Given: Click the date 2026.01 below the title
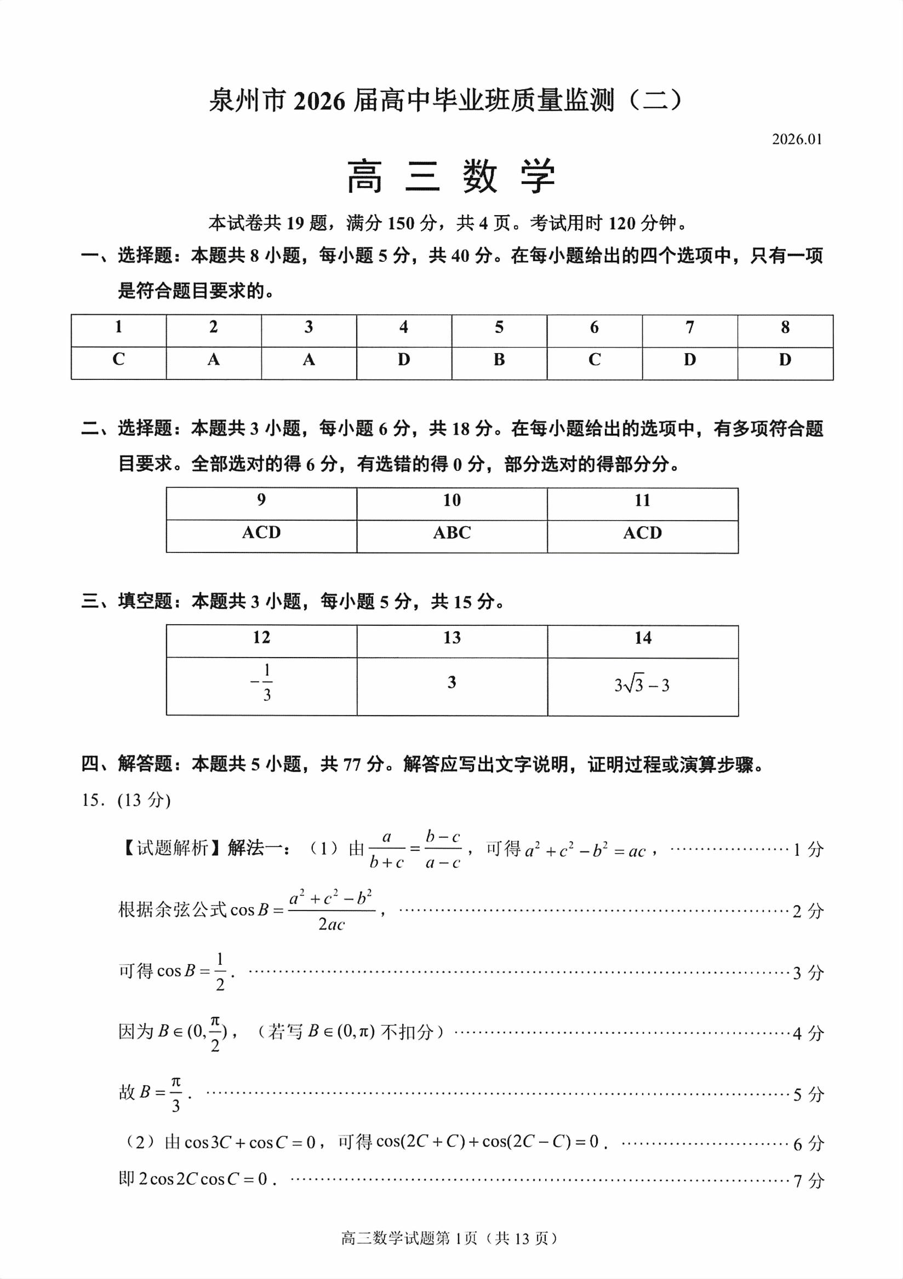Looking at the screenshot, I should tap(797, 139).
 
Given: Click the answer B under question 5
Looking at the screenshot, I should tap(499, 360).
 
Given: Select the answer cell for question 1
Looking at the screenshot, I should tap(118, 359).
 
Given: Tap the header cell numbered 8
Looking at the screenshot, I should tap(785, 327).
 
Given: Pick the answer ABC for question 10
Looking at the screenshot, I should tap(451, 533).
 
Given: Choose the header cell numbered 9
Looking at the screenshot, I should tap(261, 500).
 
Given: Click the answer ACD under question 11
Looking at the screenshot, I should tap(642, 533).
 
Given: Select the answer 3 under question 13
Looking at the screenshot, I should tap(451, 682).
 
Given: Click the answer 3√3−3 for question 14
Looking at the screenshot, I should tap(642, 684).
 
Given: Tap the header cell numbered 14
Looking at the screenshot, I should tap(642, 637).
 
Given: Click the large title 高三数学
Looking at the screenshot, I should tap(451, 177).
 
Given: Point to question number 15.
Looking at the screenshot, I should tap(92, 800).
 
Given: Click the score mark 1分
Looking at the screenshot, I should tap(808, 850).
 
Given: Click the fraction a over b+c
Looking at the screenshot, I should tap(386, 850).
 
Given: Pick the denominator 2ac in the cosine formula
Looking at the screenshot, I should tap(332, 925).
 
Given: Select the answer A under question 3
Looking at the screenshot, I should tap(308, 360).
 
